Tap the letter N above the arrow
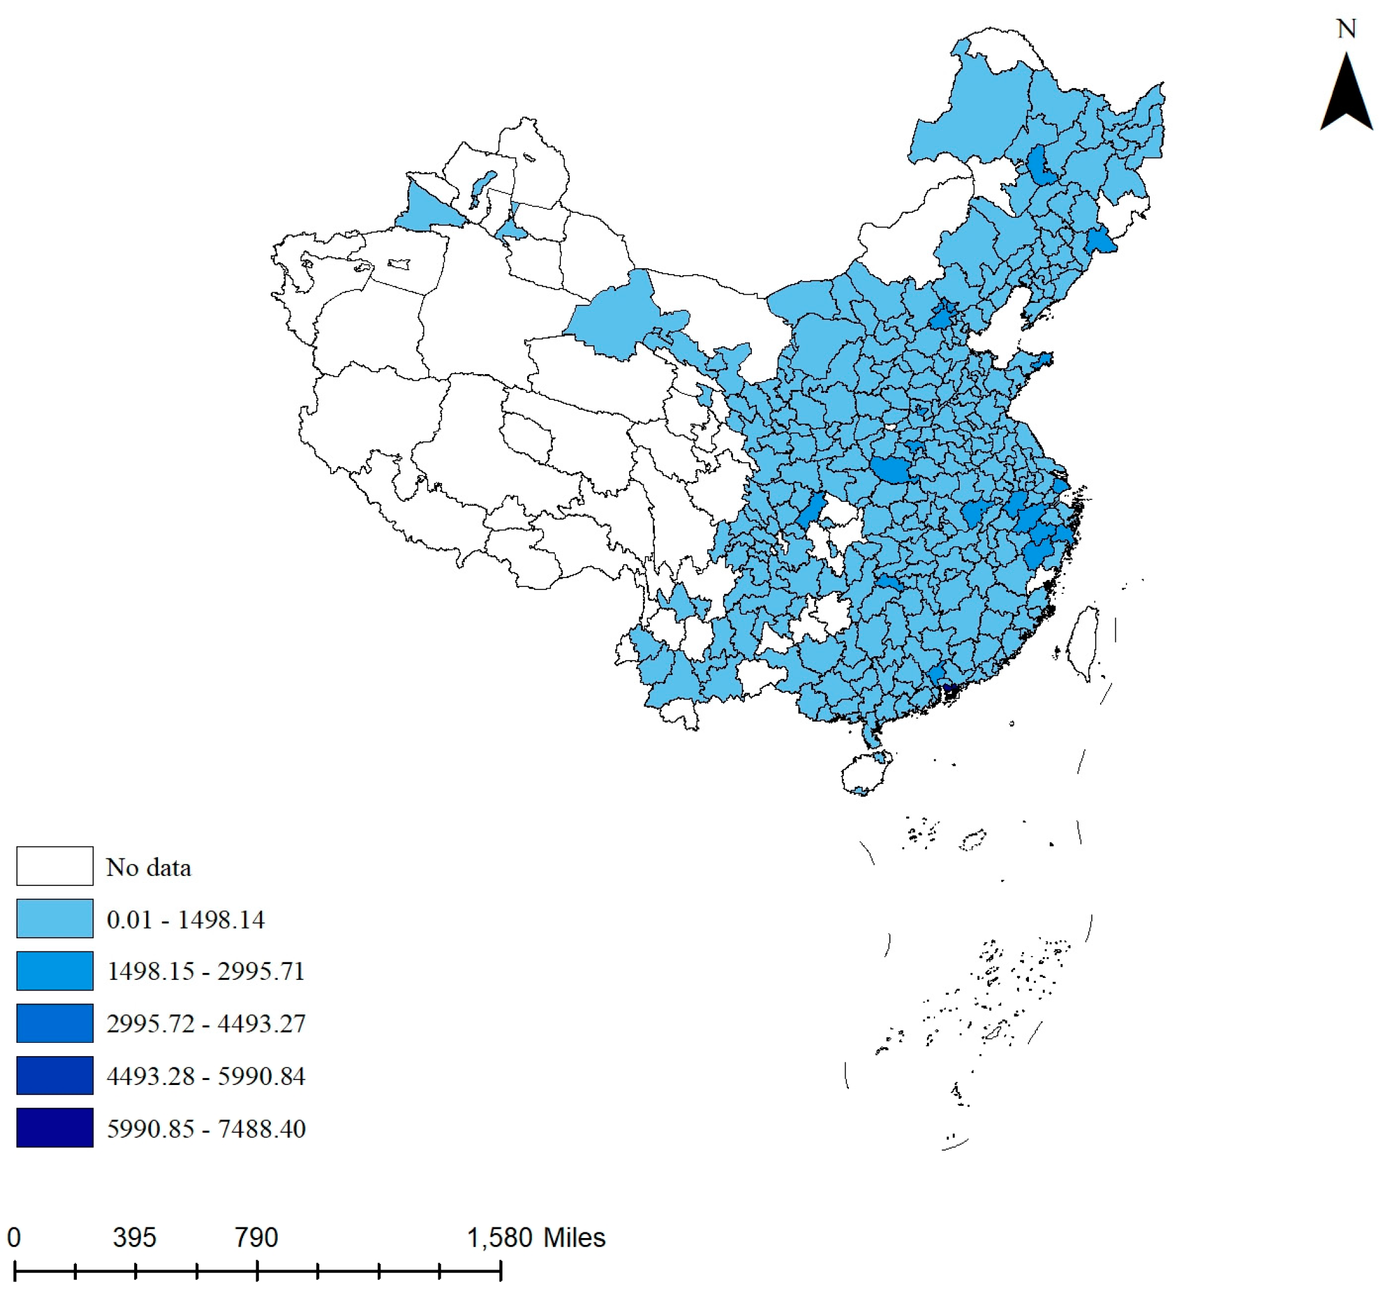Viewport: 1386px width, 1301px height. (x=1346, y=30)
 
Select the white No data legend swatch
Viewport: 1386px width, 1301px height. (x=54, y=866)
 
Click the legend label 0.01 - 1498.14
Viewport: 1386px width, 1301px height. (x=185, y=919)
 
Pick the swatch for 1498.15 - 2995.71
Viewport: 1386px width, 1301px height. (x=54, y=970)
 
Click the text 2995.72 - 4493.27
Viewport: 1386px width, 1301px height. (x=206, y=1023)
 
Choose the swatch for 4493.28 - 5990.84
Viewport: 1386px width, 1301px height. (x=54, y=1075)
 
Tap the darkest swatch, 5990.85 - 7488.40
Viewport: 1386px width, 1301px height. (x=54, y=1127)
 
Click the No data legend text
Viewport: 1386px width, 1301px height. (x=148, y=867)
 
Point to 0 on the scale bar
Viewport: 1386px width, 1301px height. (x=14, y=1237)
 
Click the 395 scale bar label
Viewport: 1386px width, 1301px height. (x=135, y=1237)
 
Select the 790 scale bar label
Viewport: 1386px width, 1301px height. (x=256, y=1237)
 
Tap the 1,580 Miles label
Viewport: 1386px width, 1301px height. (x=535, y=1237)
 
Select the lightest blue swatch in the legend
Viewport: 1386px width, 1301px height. (x=54, y=918)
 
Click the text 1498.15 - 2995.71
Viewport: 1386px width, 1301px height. (x=206, y=971)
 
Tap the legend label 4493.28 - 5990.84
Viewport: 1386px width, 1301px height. (x=206, y=1076)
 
